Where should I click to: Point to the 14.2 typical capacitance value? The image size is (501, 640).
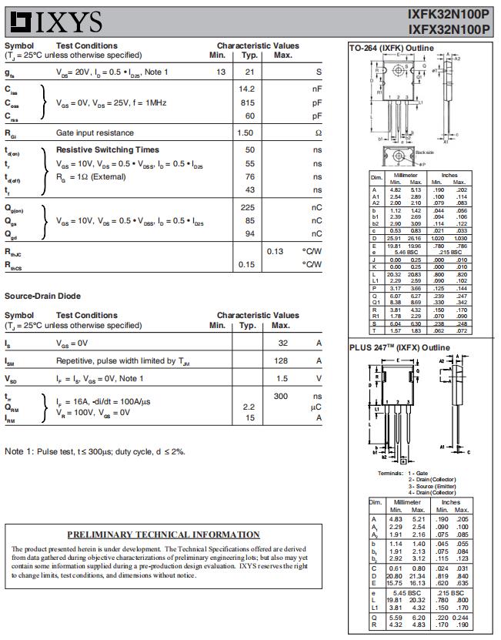tap(246, 89)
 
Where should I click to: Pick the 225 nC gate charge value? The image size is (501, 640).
tap(247, 208)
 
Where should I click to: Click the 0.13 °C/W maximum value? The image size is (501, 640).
tap(275, 251)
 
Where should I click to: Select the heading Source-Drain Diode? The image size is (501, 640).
tap(42, 296)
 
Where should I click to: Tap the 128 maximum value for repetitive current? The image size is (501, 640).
tap(282, 360)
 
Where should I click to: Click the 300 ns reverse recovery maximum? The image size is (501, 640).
tap(281, 396)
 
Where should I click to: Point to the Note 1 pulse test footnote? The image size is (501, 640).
tap(95, 451)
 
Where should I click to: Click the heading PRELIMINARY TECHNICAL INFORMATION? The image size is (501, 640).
tap(163, 534)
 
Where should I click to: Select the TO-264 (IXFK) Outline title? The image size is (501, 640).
tap(392, 49)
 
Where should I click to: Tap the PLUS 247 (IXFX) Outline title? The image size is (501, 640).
tap(399, 348)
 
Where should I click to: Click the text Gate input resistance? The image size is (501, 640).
tap(95, 133)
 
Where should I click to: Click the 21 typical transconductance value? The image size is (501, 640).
tap(249, 72)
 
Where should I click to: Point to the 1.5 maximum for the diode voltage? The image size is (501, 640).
tap(282, 379)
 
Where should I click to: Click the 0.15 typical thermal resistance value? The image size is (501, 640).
tap(246, 265)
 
